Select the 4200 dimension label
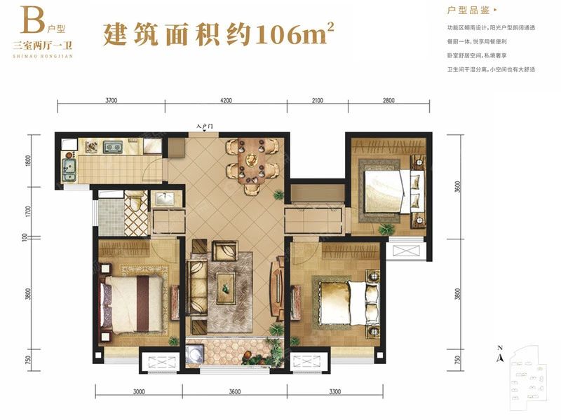coord(225,100)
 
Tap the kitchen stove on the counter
coord(112,147)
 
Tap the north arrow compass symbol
coord(499,355)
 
